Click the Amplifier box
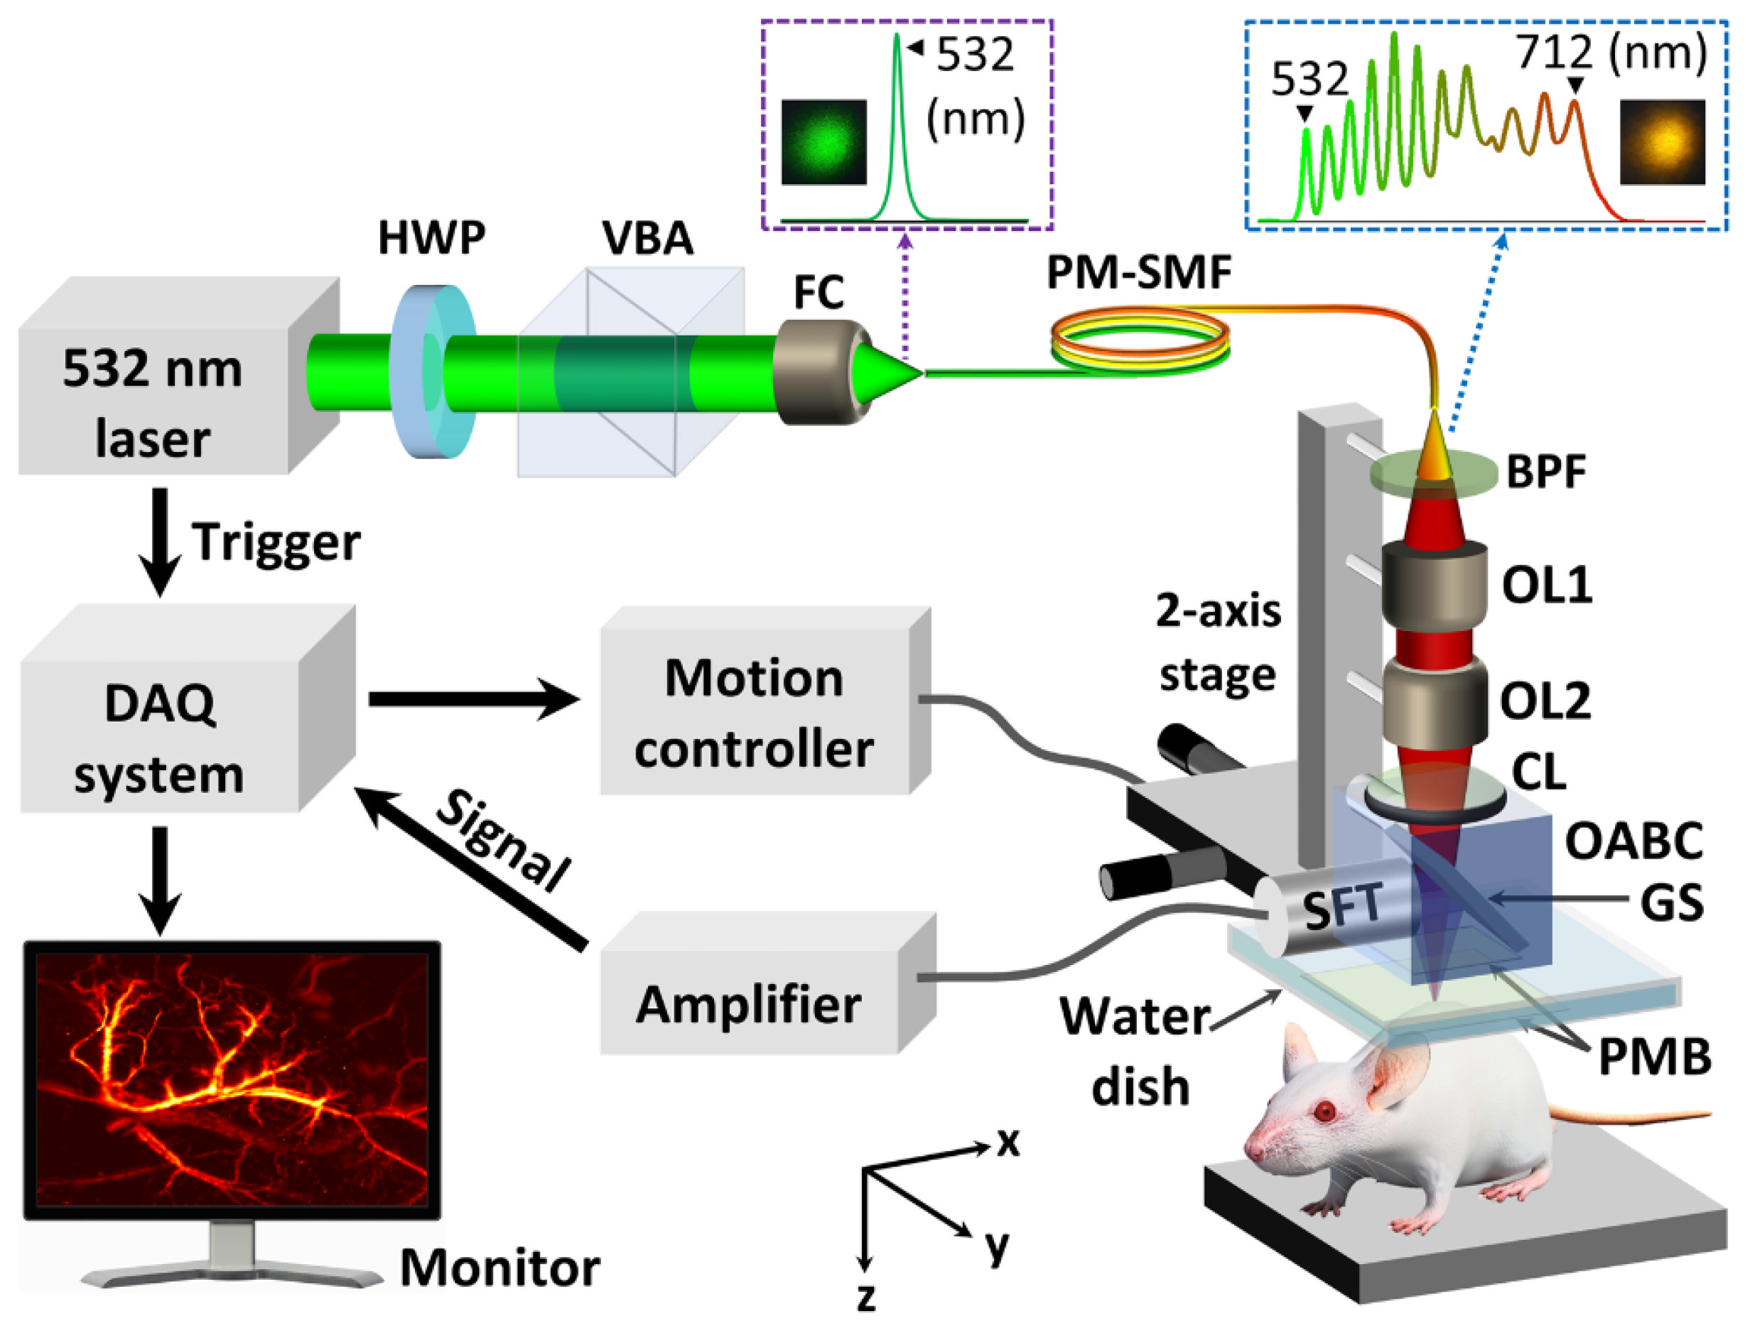pyautogui.click(x=748, y=1003)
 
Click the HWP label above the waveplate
pyautogui.click(x=431, y=237)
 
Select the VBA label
pyautogui.click(x=647, y=237)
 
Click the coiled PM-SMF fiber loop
pyautogui.click(x=1140, y=338)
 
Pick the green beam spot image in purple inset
pyautogui.click(x=823, y=142)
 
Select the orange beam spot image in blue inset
pyautogui.click(x=1662, y=142)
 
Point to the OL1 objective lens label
pyautogui.click(x=1546, y=586)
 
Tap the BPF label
pyautogui.click(x=1545, y=472)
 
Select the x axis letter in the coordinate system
pyautogui.click(x=1008, y=1142)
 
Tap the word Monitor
pyautogui.click(x=499, y=1267)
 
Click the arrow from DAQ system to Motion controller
pyautogui.click(x=474, y=699)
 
